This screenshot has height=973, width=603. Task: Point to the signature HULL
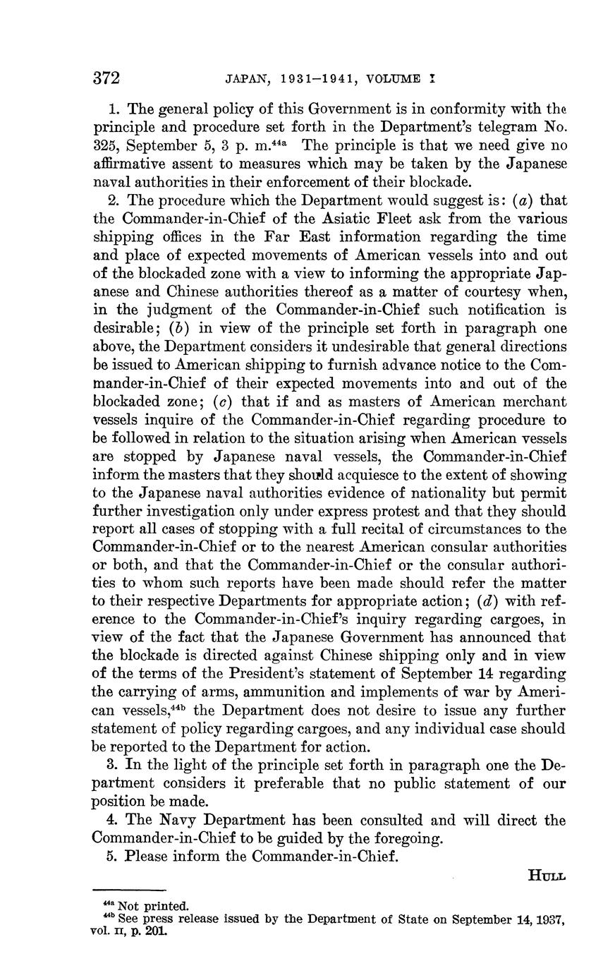coord(547,875)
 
